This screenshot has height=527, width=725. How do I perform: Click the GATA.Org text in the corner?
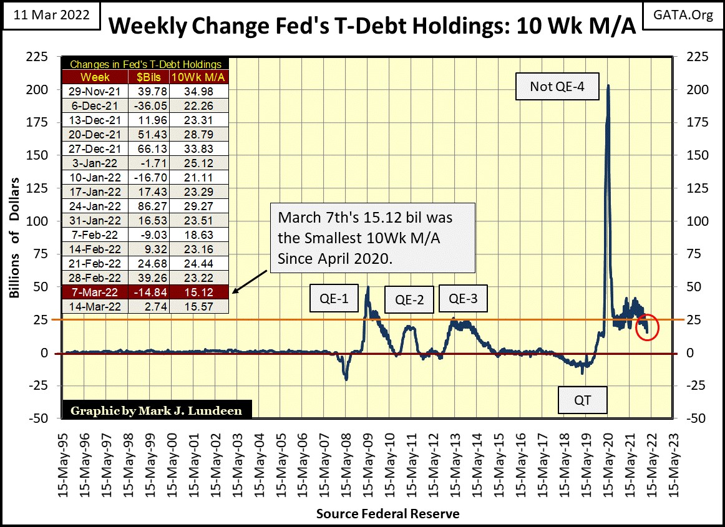click(686, 14)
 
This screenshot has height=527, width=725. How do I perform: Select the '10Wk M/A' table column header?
click(207, 77)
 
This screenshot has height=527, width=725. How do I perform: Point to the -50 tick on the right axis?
click(696, 418)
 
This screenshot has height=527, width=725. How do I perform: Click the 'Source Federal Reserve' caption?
click(387, 514)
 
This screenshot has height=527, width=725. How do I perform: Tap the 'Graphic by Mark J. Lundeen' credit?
click(156, 410)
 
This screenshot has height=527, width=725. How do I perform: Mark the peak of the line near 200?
click(608, 85)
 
